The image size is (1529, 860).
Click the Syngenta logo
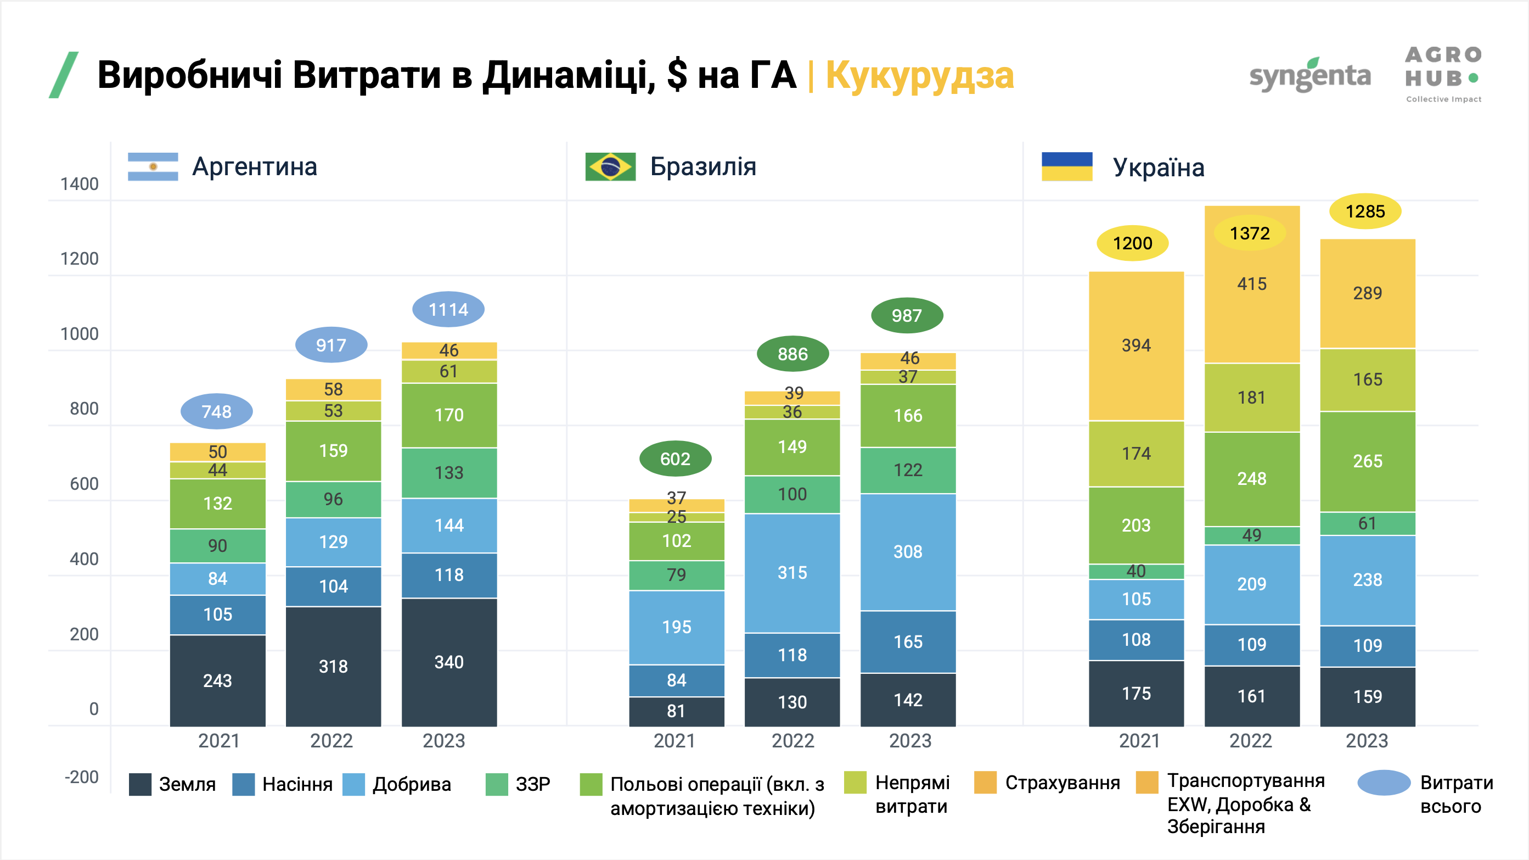pyautogui.click(x=1310, y=76)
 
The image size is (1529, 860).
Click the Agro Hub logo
pyautogui.click(x=1443, y=74)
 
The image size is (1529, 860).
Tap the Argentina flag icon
pyautogui.click(x=153, y=167)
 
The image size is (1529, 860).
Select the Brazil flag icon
pyautogui.click(x=610, y=167)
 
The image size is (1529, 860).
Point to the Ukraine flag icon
pyautogui.click(x=1066, y=167)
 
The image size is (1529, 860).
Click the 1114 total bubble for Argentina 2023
pyautogui.click(x=448, y=309)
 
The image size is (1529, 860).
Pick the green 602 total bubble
pyautogui.click(x=675, y=459)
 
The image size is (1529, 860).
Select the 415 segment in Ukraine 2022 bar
pyautogui.click(x=1252, y=284)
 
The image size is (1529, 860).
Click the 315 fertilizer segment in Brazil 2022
pyautogui.click(x=792, y=573)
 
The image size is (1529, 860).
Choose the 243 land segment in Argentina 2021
pyautogui.click(x=217, y=680)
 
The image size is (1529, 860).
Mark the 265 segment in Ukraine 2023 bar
pyautogui.click(x=1368, y=461)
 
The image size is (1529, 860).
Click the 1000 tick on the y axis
pyautogui.click(x=80, y=334)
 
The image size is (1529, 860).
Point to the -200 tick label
pyautogui.click(x=82, y=777)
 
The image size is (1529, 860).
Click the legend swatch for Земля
pyautogui.click(x=140, y=784)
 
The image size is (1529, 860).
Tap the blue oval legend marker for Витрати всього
pyautogui.click(x=1384, y=783)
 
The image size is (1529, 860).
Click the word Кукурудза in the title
pyautogui.click(x=919, y=76)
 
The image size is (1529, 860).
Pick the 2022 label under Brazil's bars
pyautogui.click(x=792, y=741)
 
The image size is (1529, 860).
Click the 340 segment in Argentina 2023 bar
pyautogui.click(x=449, y=662)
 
